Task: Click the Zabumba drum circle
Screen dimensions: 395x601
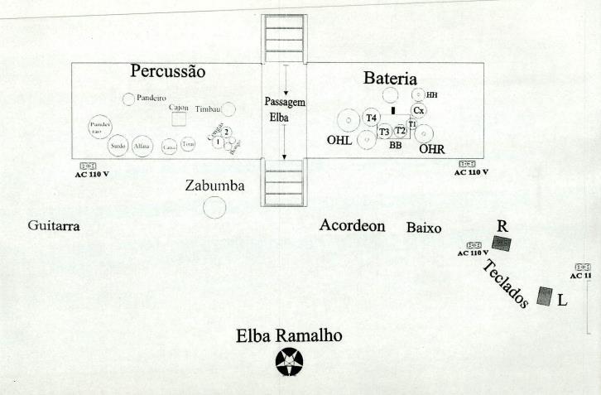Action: pyautogui.click(x=214, y=207)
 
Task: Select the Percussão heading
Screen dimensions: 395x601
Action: pyautogui.click(x=167, y=72)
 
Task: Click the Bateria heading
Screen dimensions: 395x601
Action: pyautogui.click(x=390, y=79)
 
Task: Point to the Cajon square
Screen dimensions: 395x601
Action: pyautogui.click(x=179, y=119)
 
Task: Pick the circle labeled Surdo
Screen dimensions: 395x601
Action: pyautogui.click(x=118, y=146)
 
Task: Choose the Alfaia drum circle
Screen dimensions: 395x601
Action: pyautogui.click(x=142, y=146)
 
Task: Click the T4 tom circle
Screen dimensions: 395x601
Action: pyautogui.click(x=372, y=118)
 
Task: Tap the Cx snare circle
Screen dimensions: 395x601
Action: pyautogui.click(x=419, y=110)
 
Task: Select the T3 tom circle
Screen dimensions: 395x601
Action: pyautogui.click(x=384, y=132)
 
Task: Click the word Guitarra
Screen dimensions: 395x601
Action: pyautogui.click(x=53, y=226)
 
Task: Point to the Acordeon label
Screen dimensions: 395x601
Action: pyautogui.click(x=353, y=226)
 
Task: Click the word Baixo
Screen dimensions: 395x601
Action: pyautogui.click(x=423, y=228)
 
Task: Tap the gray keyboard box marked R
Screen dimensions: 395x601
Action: pyautogui.click(x=502, y=243)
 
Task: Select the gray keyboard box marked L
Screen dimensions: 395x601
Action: pyautogui.click(x=544, y=296)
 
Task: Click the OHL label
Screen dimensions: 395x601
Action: pyautogui.click(x=339, y=141)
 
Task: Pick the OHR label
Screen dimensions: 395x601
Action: pyautogui.click(x=432, y=149)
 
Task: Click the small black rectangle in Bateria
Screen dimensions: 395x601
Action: pyautogui.click(x=393, y=109)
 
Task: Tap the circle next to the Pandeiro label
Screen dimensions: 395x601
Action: pyautogui.click(x=128, y=99)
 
